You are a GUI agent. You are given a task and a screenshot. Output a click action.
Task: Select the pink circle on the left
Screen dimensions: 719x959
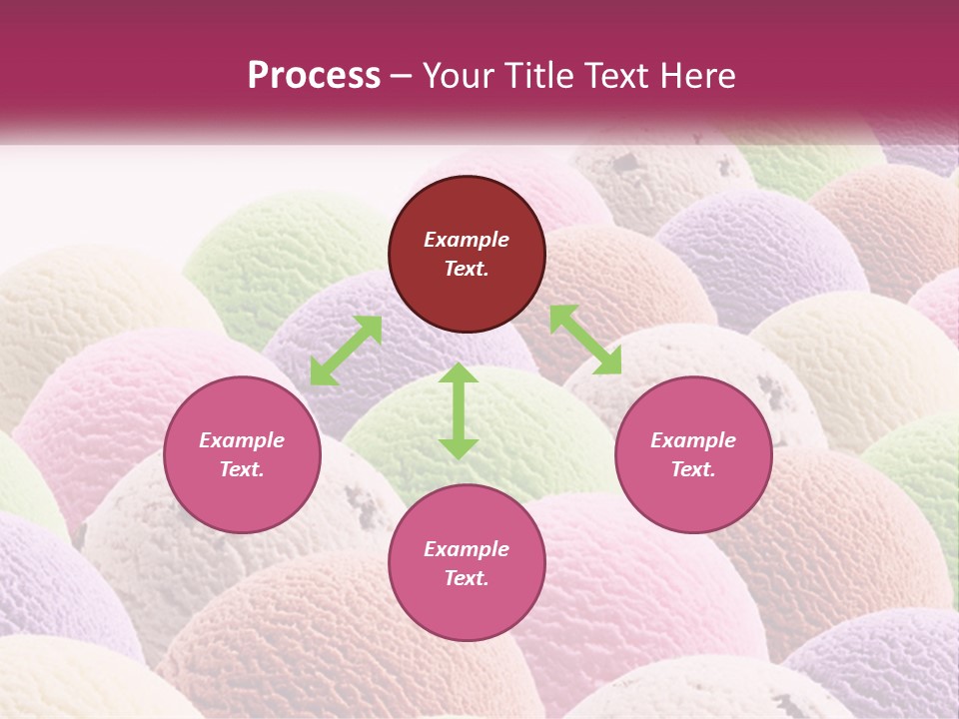pos(242,454)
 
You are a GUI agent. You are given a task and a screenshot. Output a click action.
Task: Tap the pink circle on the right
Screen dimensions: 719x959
pos(693,454)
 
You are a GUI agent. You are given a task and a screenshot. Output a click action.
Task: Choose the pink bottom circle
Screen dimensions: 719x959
pos(467,563)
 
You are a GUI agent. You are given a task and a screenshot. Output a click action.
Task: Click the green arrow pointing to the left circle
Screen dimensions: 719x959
pos(346,350)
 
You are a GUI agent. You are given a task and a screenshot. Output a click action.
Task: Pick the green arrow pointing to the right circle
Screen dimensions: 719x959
pos(585,340)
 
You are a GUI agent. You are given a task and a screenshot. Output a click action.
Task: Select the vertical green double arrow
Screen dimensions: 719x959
pos(459,411)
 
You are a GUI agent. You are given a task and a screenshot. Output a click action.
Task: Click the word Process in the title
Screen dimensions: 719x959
pos(314,75)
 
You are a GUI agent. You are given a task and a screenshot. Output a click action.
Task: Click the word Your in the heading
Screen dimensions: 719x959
pos(461,75)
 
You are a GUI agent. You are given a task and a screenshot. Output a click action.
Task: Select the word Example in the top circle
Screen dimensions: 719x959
pos(467,240)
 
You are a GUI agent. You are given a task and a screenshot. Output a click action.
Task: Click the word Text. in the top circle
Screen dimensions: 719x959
pos(467,269)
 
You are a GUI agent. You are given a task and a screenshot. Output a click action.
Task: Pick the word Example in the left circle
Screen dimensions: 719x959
pos(242,440)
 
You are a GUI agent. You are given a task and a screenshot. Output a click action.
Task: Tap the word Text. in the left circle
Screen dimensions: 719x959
pos(242,469)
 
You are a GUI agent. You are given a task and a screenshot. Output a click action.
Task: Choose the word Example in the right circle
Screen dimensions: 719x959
pos(693,440)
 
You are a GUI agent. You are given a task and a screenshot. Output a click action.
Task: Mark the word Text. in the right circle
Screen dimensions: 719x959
pos(693,469)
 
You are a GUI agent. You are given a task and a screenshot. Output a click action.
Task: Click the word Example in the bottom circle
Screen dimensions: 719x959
pos(467,549)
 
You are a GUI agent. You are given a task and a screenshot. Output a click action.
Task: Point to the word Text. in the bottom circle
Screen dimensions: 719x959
pos(467,578)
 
